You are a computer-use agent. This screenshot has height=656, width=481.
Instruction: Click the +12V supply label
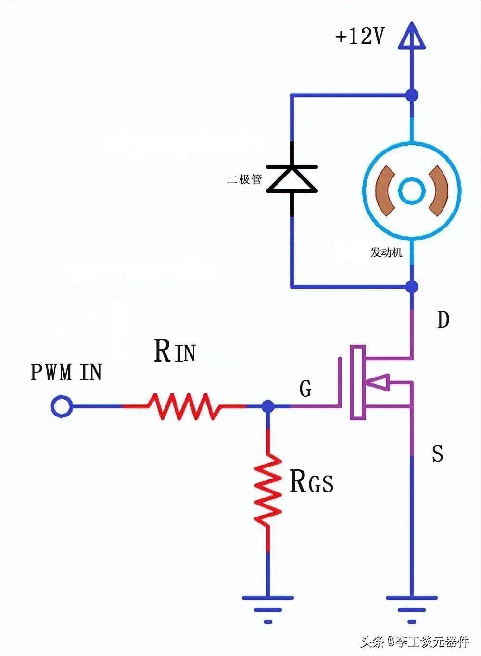coord(359,37)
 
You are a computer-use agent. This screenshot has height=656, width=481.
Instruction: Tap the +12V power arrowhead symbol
coord(412,37)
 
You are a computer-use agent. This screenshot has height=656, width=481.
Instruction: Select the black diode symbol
coord(292,179)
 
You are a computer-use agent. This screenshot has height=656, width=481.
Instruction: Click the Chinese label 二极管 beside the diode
coord(244,179)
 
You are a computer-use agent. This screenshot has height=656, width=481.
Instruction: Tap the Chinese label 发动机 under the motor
coord(386,252)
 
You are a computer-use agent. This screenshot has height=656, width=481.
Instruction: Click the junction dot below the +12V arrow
coord(412,95)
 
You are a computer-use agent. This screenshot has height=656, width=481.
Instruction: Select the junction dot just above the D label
coord(412,287)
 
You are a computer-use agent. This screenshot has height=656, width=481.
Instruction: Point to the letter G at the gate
coord(305,389)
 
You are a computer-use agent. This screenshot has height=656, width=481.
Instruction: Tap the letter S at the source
coord(438,453)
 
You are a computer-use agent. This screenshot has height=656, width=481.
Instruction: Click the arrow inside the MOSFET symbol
coord(378,382)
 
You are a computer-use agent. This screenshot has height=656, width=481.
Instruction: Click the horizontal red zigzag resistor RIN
coord(184,406)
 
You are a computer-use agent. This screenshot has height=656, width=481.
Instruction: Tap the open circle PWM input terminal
coord(61,406)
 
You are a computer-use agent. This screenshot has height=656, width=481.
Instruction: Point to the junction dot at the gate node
coord(267,406)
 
